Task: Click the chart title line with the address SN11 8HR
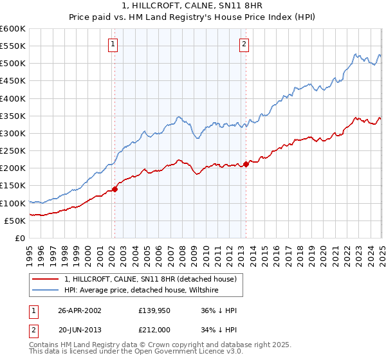click(193, 6)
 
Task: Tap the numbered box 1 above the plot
click(113, 44)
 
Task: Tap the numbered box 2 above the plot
click(244, 44)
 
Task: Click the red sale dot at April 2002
click(115, 189)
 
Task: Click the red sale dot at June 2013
click(246, 164)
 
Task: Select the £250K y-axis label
click(14, 151)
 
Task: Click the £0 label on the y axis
click(19, 239)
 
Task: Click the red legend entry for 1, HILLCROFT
click(151, 279)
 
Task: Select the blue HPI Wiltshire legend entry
click(142, 290)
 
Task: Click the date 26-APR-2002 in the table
click(80, 310)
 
